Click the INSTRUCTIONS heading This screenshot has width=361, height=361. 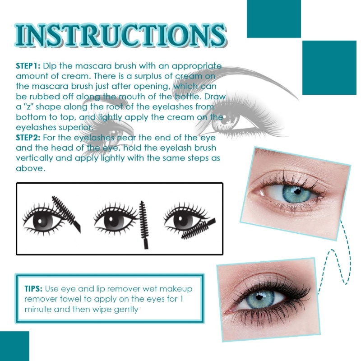pos(120,34)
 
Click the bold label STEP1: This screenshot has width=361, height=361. pos(28,66)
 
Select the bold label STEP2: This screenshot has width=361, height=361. pos(28,138)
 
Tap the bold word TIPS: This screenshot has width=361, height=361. pos(33,288)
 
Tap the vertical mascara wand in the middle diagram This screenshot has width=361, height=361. pos(144,221)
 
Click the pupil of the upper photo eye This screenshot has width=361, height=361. pos(295,191)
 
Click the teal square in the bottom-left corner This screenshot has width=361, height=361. pos(14,346)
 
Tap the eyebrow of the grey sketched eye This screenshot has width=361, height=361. pos(244,77)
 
